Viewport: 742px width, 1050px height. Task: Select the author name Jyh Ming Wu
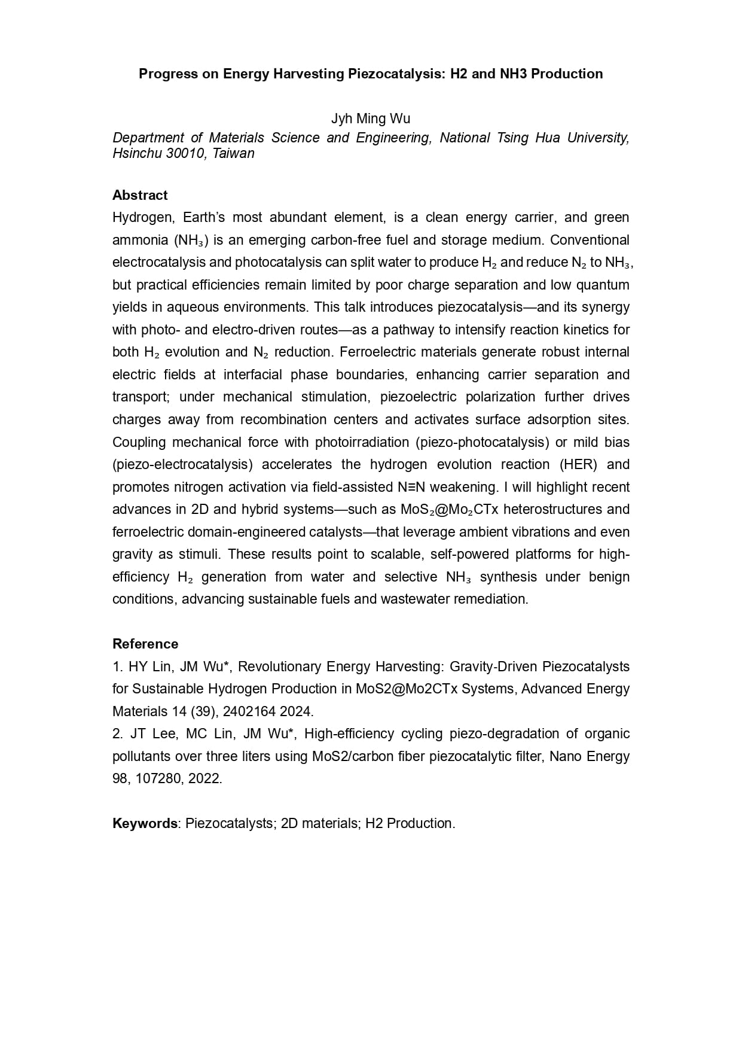pos(371,118)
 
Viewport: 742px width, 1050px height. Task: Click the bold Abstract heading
pos(140,195)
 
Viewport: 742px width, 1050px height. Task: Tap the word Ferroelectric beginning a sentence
pos(375,352)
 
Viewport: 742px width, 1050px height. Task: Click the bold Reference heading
pos(145,644)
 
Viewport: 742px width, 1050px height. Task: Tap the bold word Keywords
pos(145,823)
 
